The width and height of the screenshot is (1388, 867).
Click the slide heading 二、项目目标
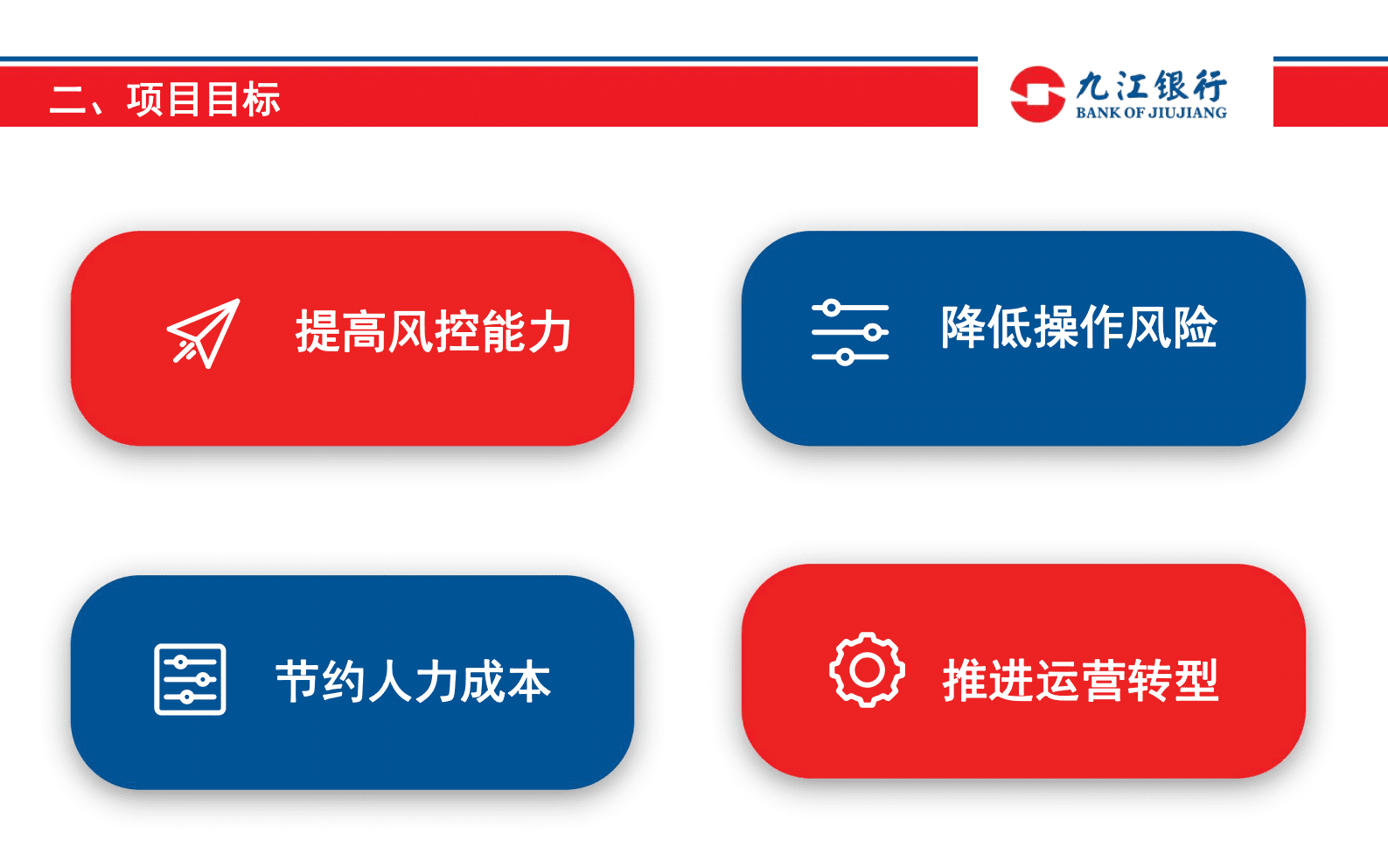[x=164, y=99]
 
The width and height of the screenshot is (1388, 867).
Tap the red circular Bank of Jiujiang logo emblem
[x=1036, y=94]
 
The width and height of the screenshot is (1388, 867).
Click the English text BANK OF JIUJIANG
[x=1150, y=113]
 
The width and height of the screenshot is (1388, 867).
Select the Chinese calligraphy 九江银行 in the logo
[x=1150, y=87]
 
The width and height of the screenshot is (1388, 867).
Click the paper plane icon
[x=204, y=333]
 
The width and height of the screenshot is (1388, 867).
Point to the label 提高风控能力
[x=433, y=331]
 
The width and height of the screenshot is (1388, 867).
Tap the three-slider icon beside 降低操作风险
[x=849, y=332]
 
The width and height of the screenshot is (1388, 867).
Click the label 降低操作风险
[x=1078, y=328]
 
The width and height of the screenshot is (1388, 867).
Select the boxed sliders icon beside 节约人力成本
[x=190, y=679]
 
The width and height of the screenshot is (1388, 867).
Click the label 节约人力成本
[x=413, y=682]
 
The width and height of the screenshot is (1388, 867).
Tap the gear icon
[x=867, y=670]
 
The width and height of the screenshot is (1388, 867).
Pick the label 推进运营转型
[x=1080, y=680]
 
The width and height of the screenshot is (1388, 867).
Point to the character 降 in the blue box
[x=963, y=328]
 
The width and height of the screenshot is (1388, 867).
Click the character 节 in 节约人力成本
[x=297, y=682]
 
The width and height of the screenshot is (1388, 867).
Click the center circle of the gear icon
[x=867, y=670]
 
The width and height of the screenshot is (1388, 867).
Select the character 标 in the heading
[x=262, y=99]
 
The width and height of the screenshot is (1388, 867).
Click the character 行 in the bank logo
[x=1210, y=87]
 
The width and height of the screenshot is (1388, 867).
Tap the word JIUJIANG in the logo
[x=1187, y=113]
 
